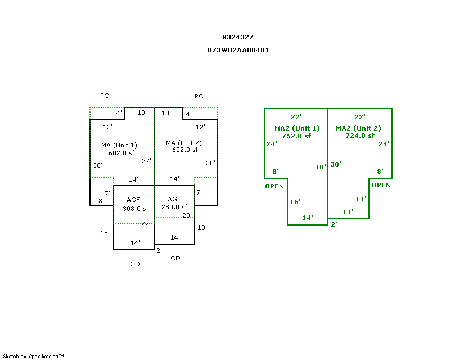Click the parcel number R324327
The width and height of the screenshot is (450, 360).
(x=238, y=37)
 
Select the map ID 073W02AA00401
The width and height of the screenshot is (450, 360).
(x=238, y=50)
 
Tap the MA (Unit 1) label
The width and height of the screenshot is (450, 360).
(x=119, y=145)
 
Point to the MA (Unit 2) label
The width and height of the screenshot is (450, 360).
(x=183, y=143)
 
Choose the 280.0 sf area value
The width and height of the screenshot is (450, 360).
(x=174, y=207)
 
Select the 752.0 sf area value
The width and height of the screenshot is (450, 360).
(x=296, y=136)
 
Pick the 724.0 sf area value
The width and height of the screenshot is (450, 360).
(x=359, y=136)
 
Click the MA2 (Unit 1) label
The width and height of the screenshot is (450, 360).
(x=297, y=128)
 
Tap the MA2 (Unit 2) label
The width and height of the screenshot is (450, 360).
(x=358, y=128)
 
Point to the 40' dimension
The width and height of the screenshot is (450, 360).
(x=321, y=167)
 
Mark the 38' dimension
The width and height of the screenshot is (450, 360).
(x=336, y=164)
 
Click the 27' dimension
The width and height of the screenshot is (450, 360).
(x=146, y=161)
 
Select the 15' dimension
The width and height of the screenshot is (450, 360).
(x=105, y=233)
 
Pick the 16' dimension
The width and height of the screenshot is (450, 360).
(x=295, y=202)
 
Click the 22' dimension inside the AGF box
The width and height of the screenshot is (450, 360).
(x=146, y=224)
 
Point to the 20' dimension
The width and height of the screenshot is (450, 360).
(x=187, y=215)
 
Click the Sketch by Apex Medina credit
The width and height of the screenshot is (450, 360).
(x=34, y=356)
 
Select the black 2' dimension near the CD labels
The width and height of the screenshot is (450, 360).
(x=159, y=250)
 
